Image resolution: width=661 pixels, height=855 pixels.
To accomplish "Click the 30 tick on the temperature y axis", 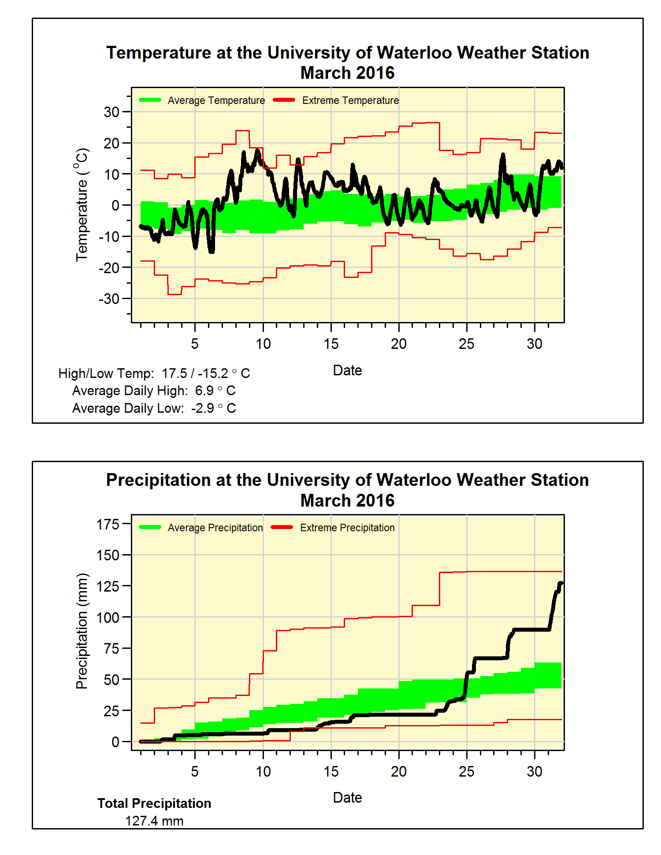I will pyautogui.click(x=111, y=112).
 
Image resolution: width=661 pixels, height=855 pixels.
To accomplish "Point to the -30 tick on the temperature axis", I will pyautogui.click(x=109, y=299).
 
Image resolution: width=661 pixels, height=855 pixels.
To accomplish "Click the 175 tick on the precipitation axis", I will pyautogui.click(x=108, y=524).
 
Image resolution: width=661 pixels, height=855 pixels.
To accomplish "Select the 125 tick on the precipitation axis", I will pyautogui.click(x=108, y=586).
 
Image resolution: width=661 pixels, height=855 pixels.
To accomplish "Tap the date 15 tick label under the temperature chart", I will pyautogui.click(x=331, y=344).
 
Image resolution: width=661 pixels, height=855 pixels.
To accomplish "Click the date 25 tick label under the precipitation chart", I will pyautogui.click(x=467, y=771).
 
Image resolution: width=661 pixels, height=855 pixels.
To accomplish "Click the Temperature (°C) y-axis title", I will pyautogui.click(x=82, y=205).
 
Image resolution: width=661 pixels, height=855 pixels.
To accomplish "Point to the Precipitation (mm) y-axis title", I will pyautogui.click(x=82, y=631).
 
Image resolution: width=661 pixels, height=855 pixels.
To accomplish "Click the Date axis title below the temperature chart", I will pyautogui.click(x=347, y=370).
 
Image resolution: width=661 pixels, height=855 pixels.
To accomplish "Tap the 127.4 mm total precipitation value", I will pyautogui.click(x=154, y=821).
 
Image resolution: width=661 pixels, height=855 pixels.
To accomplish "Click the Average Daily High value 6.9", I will pyautogui.click(x=204, y=391).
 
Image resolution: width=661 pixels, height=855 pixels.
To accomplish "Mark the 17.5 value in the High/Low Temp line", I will pyautogui.click(x=175, y=374).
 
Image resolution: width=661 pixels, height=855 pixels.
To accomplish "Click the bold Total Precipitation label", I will pyautogui.click(x=154, y=803).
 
